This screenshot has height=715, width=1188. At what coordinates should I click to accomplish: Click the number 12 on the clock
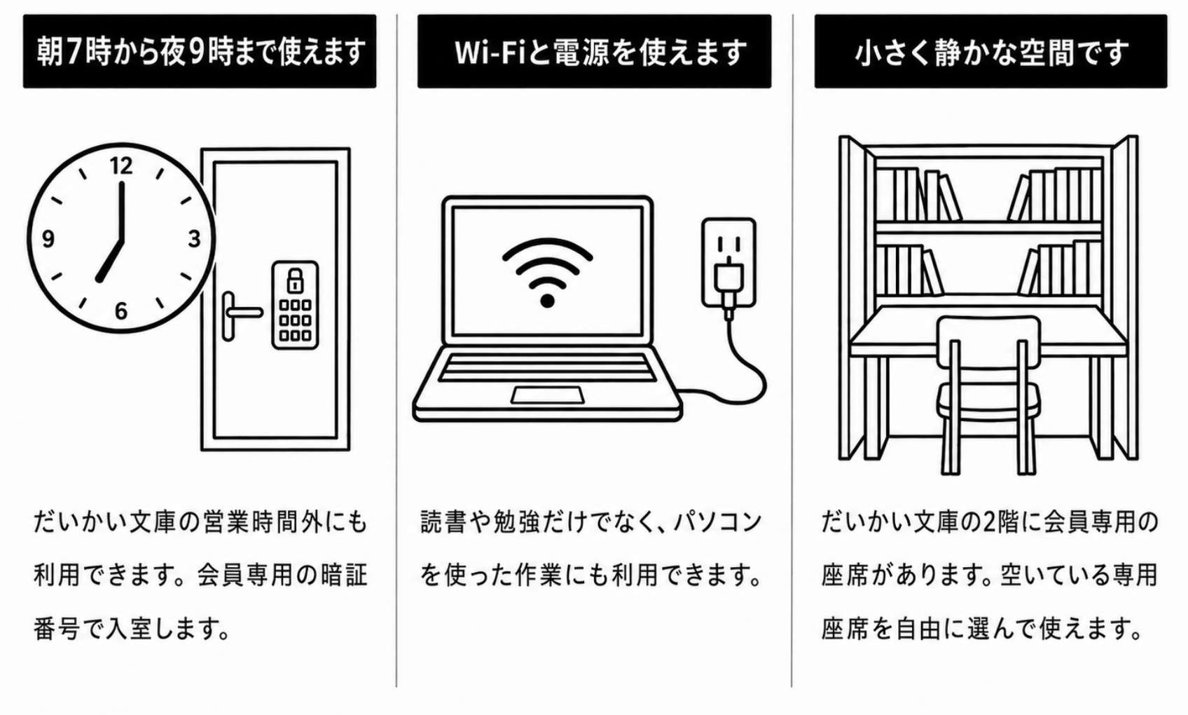pos(121,166)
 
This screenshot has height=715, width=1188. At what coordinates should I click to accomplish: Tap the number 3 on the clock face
pos(195,239)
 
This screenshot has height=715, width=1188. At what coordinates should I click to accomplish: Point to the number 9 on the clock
pos(48,240)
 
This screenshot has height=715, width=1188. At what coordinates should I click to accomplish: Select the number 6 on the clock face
pos(121,311)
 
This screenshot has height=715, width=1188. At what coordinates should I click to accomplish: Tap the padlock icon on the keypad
pos(295,280)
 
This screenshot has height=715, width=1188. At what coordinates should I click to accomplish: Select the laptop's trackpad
pos(548,395)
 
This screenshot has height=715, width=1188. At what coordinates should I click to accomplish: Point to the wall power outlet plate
pos(728,263)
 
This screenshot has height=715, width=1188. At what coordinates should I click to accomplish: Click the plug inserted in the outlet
pos(728,287)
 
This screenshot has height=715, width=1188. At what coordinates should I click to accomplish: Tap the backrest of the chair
pos(988,341)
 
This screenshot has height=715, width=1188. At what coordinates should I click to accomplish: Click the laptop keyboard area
pos(547,367)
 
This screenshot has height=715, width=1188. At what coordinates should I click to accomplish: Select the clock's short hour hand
pos(110,259)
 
